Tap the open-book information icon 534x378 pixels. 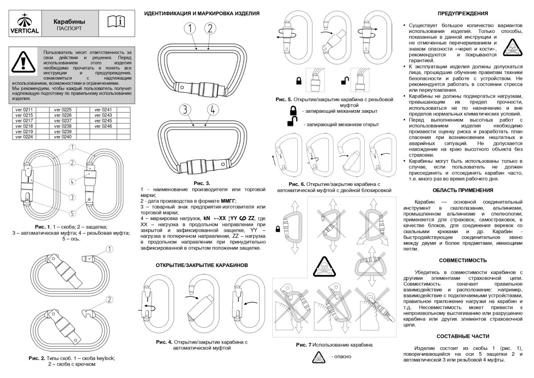click(x=117, y=22)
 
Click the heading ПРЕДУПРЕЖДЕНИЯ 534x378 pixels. click(x=463, y=13)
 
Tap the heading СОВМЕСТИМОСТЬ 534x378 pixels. click(x=463, y=260)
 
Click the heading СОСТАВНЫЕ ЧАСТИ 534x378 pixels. click(x=463, y=336)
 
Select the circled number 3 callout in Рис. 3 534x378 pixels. click(x=186, y=109)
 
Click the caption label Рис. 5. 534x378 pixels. click(x=283, y=99)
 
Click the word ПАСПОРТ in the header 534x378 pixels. click(x=69, y=28)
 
